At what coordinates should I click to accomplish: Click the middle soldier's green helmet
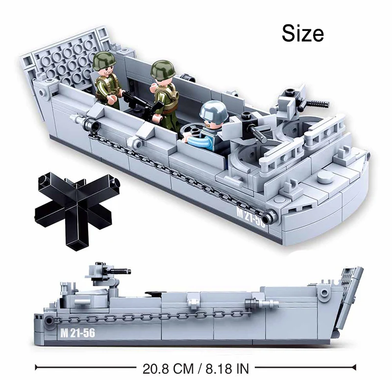tap(162, 69)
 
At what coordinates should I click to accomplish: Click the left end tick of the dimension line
tap(37, 367)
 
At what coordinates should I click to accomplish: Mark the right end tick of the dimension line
tap(356, 367)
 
